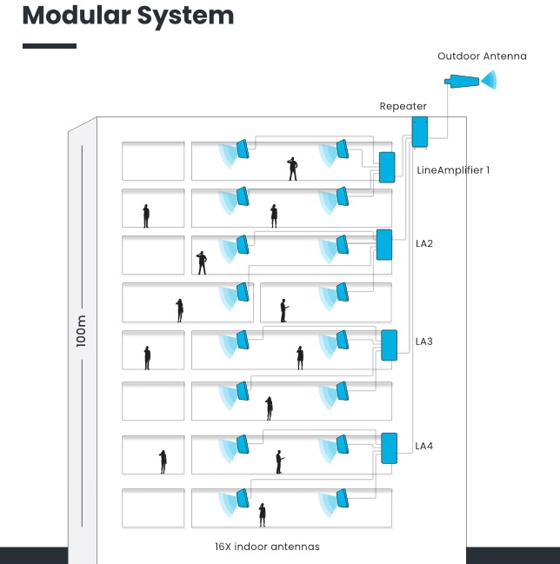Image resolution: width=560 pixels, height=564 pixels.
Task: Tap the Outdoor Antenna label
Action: pos(482,56)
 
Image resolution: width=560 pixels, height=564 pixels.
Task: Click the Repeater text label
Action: pos(403,107)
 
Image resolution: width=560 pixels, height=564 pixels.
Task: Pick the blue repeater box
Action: pos(420,131)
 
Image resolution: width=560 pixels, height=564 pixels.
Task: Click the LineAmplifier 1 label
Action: pos(453,170)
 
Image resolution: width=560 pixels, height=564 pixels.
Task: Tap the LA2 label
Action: pos(424,243)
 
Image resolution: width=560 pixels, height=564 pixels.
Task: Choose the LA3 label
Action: pos(424,342)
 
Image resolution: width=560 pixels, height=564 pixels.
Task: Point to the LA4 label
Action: pos(424,446)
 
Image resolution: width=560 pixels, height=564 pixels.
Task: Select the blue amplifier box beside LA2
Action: pos(384,244)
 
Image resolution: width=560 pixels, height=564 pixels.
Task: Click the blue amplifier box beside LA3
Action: pos(389,345)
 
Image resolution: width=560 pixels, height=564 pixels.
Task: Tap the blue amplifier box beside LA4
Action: pos(389,448)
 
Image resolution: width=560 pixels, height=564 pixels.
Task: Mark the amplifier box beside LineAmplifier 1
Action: pos(387,167)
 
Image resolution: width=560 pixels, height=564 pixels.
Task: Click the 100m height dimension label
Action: pos(82,330)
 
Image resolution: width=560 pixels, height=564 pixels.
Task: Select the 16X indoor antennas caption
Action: pos(267,547)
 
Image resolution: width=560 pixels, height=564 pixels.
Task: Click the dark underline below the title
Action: pos(50,46)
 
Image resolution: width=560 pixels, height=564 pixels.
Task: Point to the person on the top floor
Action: pos(293,169)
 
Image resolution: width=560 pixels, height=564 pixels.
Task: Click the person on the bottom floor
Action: pos(262,515)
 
